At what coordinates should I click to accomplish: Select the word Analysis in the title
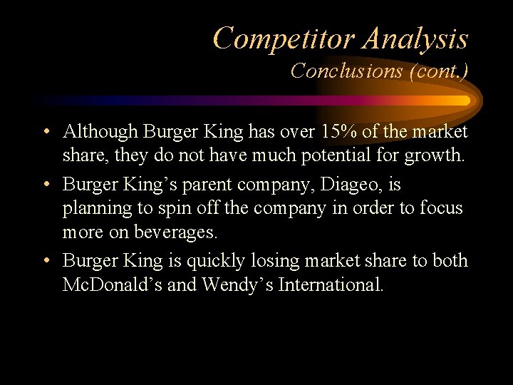415,38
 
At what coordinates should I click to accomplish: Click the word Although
100,132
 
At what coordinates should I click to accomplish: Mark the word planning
92,209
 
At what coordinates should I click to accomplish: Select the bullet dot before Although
46,133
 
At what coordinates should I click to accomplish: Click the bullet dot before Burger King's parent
46,185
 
